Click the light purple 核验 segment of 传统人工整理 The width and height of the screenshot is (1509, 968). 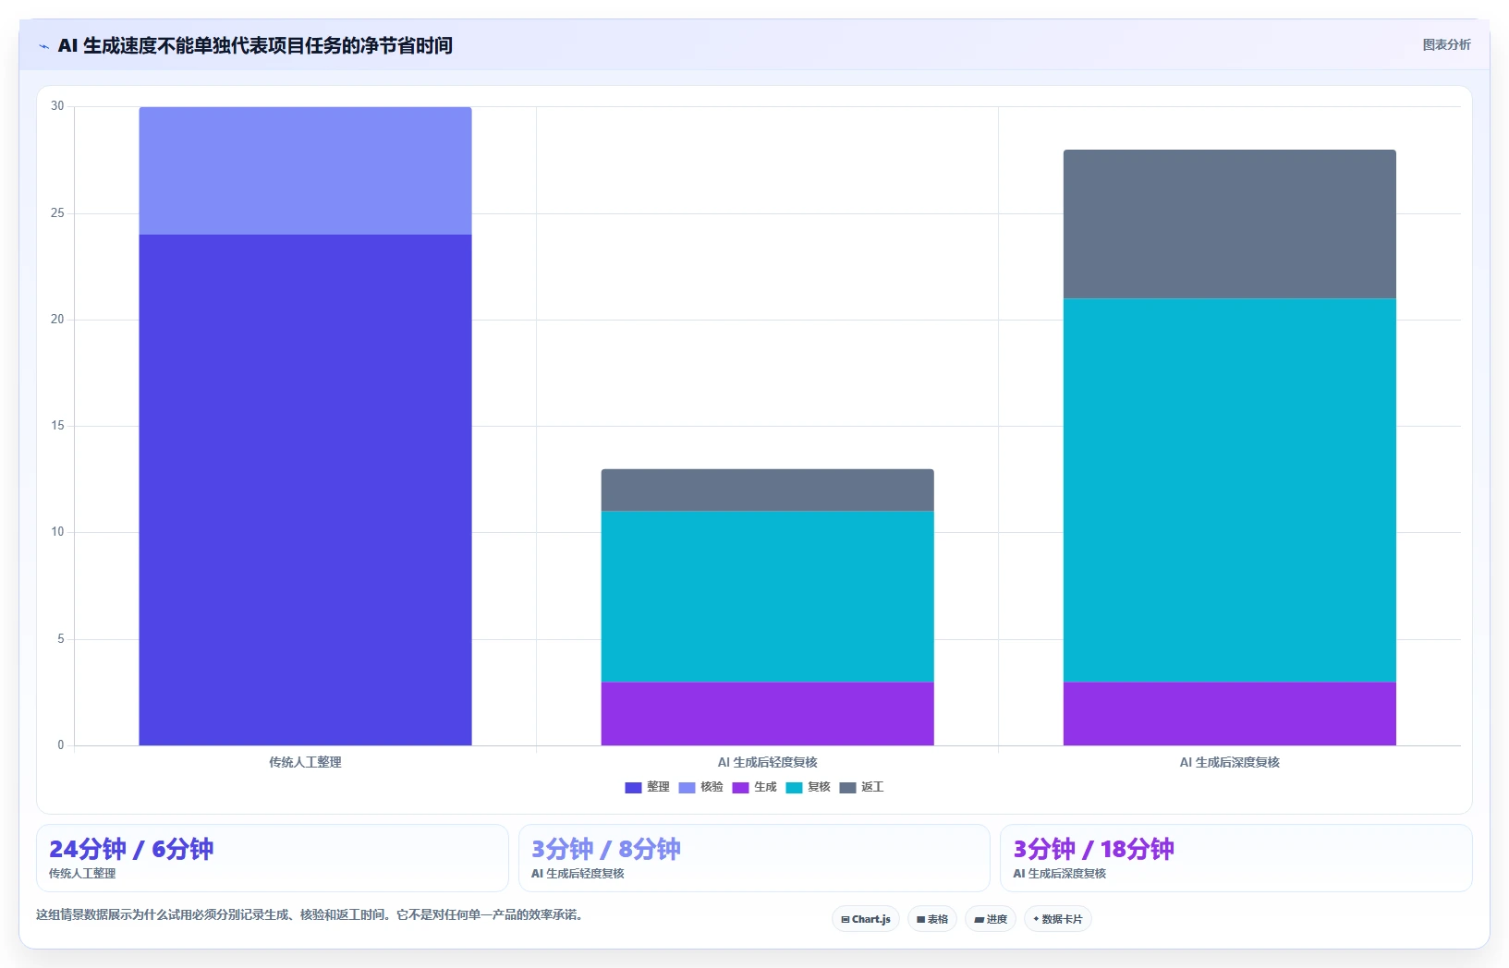[305, 170]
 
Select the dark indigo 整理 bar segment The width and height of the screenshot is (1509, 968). [305, 490]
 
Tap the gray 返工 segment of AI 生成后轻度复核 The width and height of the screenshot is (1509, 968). [767, 490]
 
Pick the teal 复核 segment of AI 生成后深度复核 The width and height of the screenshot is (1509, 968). [1229, 490]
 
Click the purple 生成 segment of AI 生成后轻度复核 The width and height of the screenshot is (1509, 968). [767, 714]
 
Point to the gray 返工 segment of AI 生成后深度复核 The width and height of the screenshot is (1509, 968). [1229, 224]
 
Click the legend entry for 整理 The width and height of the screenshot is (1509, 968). [648, 787]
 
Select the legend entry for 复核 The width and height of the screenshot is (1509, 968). [809, 787]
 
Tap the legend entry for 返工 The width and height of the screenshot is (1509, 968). [861, 787]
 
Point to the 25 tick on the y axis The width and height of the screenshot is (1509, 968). [57, 212]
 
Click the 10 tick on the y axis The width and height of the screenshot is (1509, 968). [57, 532]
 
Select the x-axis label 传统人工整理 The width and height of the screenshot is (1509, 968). [305, 762]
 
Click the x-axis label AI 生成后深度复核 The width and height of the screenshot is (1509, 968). [1229, 762]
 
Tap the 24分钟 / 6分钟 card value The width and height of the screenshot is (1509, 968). [131, 849]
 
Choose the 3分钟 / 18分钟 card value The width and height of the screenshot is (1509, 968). [1093, 849]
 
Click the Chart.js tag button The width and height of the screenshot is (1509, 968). [866, 919]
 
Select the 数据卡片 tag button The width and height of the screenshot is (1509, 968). [1058, 919]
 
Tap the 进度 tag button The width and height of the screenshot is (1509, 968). [991, 919]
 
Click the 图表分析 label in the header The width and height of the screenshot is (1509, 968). [1446, 44]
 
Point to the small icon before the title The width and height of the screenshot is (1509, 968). [43, 46]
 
